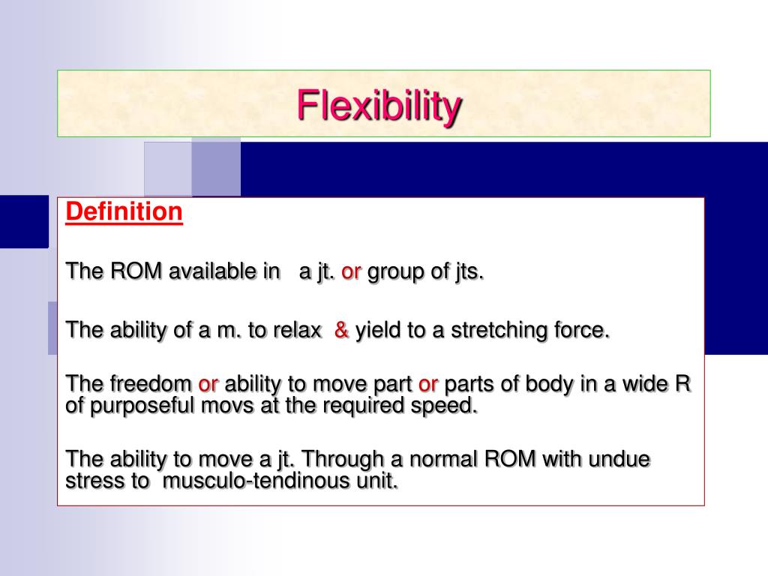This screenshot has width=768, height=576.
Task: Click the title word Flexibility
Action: click(379, 105)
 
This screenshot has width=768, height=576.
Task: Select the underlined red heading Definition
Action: click(124, 212)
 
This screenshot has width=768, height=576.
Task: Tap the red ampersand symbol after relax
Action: click(342, 330)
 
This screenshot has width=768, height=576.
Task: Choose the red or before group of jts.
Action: click(352, 271)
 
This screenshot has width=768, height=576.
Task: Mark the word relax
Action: click(298, 330)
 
